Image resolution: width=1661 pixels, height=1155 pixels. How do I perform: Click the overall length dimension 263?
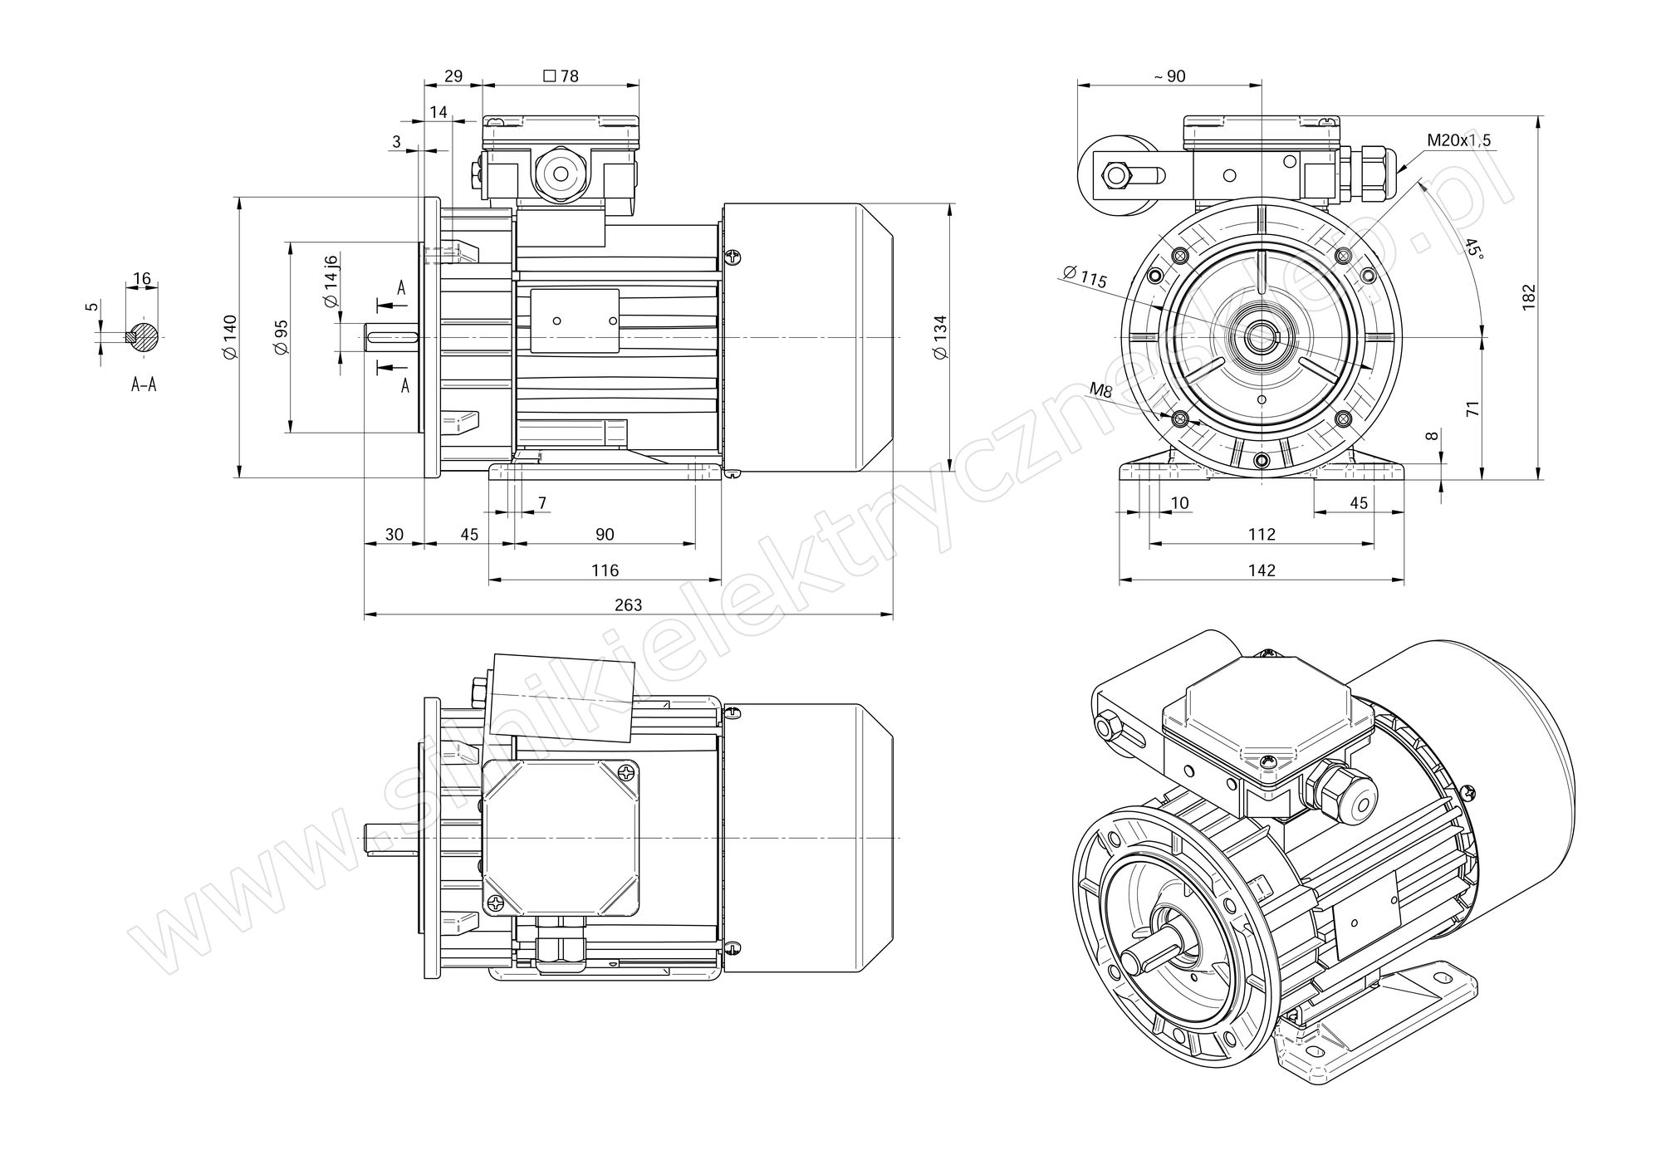point(628,604)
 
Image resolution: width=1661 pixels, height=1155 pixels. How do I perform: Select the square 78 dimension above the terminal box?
point(561,76)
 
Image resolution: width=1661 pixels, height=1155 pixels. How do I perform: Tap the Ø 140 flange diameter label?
point(230,337)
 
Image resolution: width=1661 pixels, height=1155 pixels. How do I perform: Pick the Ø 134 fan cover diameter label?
point(940,337)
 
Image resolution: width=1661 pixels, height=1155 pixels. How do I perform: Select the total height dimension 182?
point(1529,297)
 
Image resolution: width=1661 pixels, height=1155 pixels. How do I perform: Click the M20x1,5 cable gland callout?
point(1458,139)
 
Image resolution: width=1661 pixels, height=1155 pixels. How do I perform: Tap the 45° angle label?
point(1472,247)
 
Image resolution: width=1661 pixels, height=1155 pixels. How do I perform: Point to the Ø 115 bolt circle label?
point(1084,277)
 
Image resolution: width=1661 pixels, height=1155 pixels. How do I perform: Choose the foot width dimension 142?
point(1262,570)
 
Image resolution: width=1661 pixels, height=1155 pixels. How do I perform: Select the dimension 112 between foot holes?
point(1262,534)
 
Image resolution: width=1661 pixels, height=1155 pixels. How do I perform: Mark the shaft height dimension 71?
point(1472,409)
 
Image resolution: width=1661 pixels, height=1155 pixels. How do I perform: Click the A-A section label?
point(144,384)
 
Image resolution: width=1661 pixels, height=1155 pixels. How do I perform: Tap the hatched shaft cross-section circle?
point(145,337)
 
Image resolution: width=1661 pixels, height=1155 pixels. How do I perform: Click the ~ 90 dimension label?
point(1169,76)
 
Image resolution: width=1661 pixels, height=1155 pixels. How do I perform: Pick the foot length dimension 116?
point(605,570)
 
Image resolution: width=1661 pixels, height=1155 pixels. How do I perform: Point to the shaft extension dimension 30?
point(394,534)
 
